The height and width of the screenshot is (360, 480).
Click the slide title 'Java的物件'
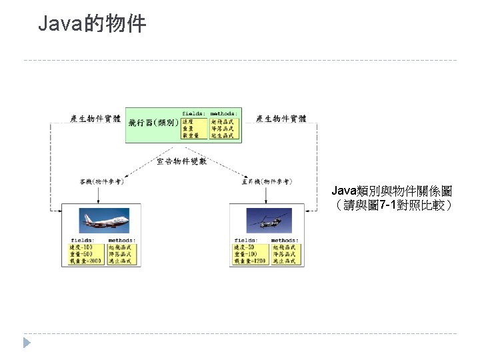tap(92, 25)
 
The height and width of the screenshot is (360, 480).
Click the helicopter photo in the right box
tap(267, 219)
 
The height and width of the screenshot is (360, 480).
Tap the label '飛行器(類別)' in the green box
tap(153, 123)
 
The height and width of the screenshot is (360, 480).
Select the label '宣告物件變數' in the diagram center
tap(181, 161)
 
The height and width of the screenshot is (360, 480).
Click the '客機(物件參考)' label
tap(101, 181)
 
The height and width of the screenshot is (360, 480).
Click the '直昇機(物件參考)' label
tap(266, 181)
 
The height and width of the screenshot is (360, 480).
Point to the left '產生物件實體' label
tap(95, 119)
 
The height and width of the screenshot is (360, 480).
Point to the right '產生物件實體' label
tap(281, 119)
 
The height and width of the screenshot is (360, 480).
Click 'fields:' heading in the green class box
tap(193, 113)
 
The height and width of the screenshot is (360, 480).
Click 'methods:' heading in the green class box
tap(224, 113)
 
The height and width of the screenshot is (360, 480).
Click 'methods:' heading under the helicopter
tap(285, 240)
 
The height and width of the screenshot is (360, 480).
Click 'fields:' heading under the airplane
tap(83, 240)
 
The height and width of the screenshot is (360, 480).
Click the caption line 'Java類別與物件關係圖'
tap(392, 191)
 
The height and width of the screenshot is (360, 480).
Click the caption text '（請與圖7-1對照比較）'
tap(392, 205)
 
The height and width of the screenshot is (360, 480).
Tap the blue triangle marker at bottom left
tap(27, 343)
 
